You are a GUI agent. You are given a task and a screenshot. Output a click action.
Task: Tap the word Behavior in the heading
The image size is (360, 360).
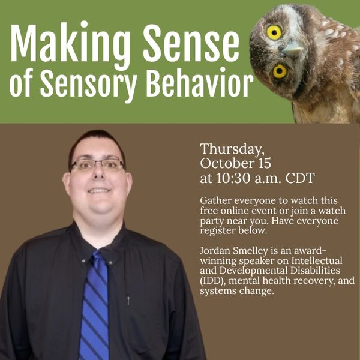click(x=200, y=82)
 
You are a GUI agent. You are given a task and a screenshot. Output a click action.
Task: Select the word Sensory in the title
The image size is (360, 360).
click(x=89, y=85)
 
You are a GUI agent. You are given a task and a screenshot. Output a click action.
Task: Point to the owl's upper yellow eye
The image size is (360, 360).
click(x=274, y=32)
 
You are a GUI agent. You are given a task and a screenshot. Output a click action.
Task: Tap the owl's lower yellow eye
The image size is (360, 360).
click(x=280, y=71)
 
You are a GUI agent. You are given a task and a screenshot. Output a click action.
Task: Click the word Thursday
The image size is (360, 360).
click(x=232, y=149)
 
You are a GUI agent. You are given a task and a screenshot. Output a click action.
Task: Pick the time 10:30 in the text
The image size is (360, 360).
click(x=233, y=178)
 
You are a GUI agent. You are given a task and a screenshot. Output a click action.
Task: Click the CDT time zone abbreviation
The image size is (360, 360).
click(x=300, y=178)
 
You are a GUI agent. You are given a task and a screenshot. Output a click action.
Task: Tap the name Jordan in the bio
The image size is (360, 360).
click(x=215, y=251)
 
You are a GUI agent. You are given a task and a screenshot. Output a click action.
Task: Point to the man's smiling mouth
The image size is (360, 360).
click(x=99, y=190)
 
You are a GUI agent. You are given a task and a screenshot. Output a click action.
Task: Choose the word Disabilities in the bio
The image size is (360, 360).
click(x=315, y=271)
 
